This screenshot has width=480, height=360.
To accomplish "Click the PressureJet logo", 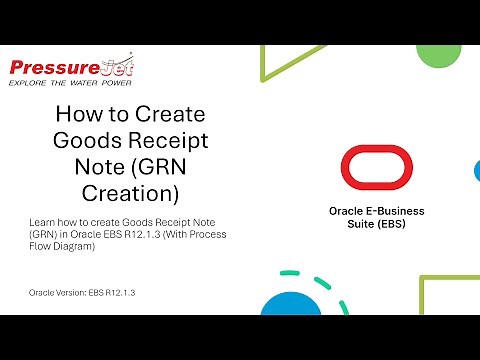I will pos(71,68).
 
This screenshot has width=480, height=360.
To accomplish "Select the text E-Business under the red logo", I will pos(395,211).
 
